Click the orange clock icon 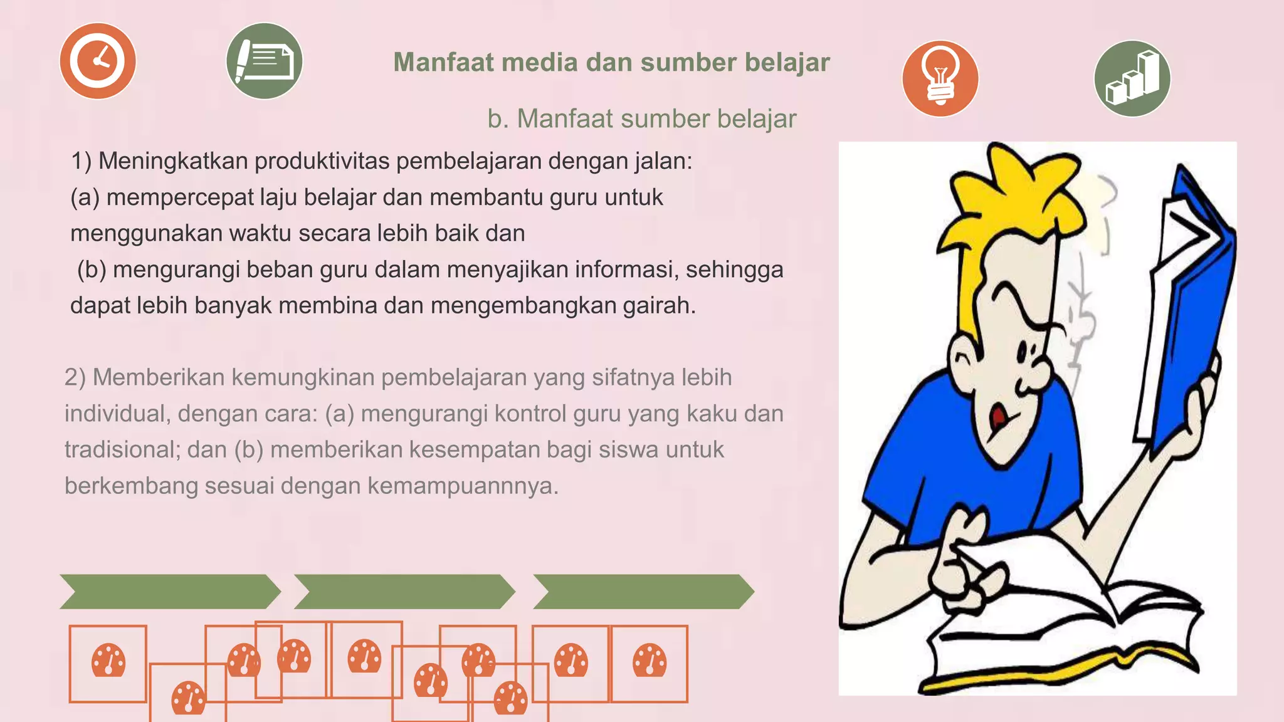click(x=98, y=61)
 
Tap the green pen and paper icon click(x=264, y=61)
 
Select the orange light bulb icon click(x=940, y=78)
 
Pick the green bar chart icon click(x=1132, y=78)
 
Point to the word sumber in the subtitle click(x=665, y=118)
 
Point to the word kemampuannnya click(x=463, y=486)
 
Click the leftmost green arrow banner click(x=169, y=592)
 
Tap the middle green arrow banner click(x=404, y=592)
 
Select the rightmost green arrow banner click(x=643, y=592)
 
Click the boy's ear click(x=963, y=364)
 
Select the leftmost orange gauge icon click(x=108, y=661)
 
